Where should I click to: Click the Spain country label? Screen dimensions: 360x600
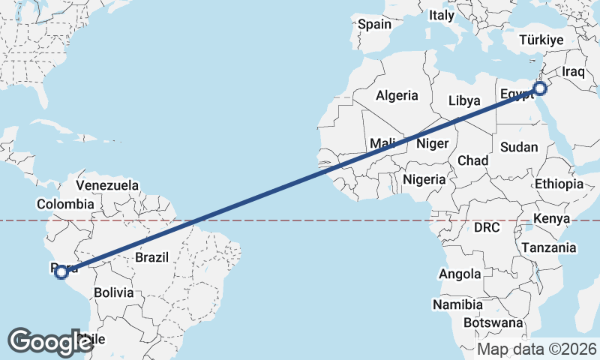click(374, 24)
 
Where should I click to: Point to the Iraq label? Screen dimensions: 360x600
click(572, 72)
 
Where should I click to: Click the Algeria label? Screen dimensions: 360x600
click(397, 96)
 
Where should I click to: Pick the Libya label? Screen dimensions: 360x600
click(464, 100)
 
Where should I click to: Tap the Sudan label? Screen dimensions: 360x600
click(519, 147)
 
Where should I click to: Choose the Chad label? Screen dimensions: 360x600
click(472, 160)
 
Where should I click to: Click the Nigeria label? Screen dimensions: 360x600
click(424, 180)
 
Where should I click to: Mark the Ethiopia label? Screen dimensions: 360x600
click(559, 184)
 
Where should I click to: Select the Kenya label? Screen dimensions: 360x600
click(552, 219)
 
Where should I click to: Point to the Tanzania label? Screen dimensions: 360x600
click(549, 248)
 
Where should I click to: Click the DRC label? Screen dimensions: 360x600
click(487, 226)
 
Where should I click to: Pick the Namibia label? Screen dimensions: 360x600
click(457, 304)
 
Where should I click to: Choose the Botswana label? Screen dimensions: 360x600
click(492, 322)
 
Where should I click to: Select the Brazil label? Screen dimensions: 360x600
click(152, 257)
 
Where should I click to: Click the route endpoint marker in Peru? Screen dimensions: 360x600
click(62, 273)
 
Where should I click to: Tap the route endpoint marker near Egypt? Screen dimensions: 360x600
click(540, 89)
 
